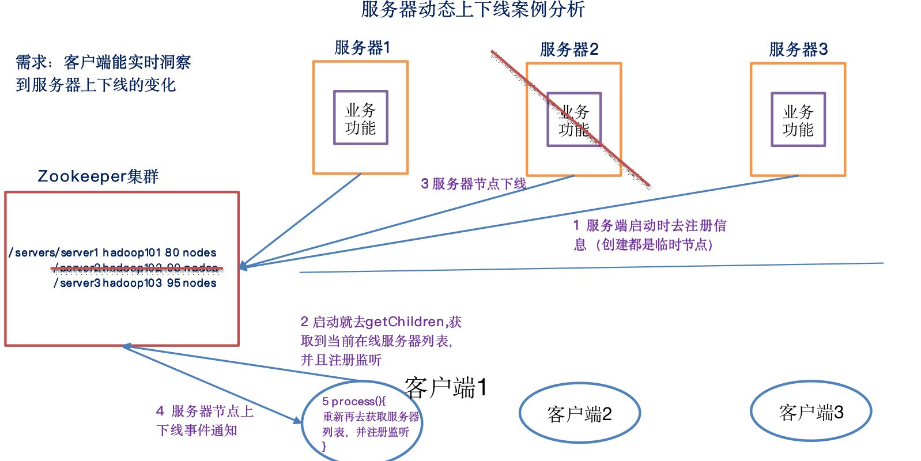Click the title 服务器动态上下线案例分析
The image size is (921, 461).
pos(473,10)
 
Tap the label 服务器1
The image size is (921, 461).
pos(362,48)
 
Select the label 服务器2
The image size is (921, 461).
pos(569,50)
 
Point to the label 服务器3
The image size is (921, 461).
pos(798,50)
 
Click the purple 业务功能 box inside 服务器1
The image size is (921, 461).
pos(361,118)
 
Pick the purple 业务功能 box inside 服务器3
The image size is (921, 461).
pos(798,120)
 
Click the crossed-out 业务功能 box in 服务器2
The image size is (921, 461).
pos(574,120)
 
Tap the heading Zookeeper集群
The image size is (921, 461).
pos(98,176)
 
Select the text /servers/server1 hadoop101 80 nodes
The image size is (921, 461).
pos(113,252)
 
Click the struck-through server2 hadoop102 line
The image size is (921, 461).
pos(137,268)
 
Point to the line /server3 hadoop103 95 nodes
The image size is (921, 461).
pos(135,283)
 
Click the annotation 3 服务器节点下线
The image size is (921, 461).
pos(473,184)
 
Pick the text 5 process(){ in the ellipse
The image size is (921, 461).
pos(353,401)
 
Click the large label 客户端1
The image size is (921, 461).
pos(446,388)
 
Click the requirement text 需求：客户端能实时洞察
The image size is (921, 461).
pos(103,62)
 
